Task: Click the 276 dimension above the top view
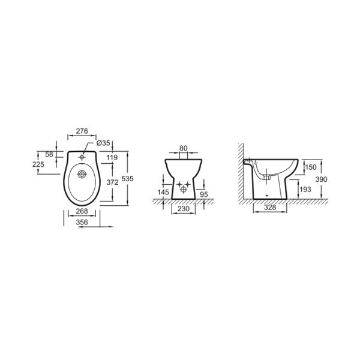pyautogui.click(x=82, y=131)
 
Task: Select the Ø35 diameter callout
pyautogui.click(x=103, y=143)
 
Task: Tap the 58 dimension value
pyautogui.click(x=49, y=155)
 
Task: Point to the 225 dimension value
pyautogui.click(x=38, y=164)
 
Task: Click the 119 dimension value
pyautogui.click(x=112, y=157)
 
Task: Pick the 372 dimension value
pyautogui.click(x=113, y=182)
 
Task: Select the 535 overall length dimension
pyautogui.click(x=127, y=178)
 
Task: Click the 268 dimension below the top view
pyautogui.click(x=82, y=211)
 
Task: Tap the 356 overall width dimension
pyautogui.click(x=82, y=222)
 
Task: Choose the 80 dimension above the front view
pyautogui.click(x=184, y=148)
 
